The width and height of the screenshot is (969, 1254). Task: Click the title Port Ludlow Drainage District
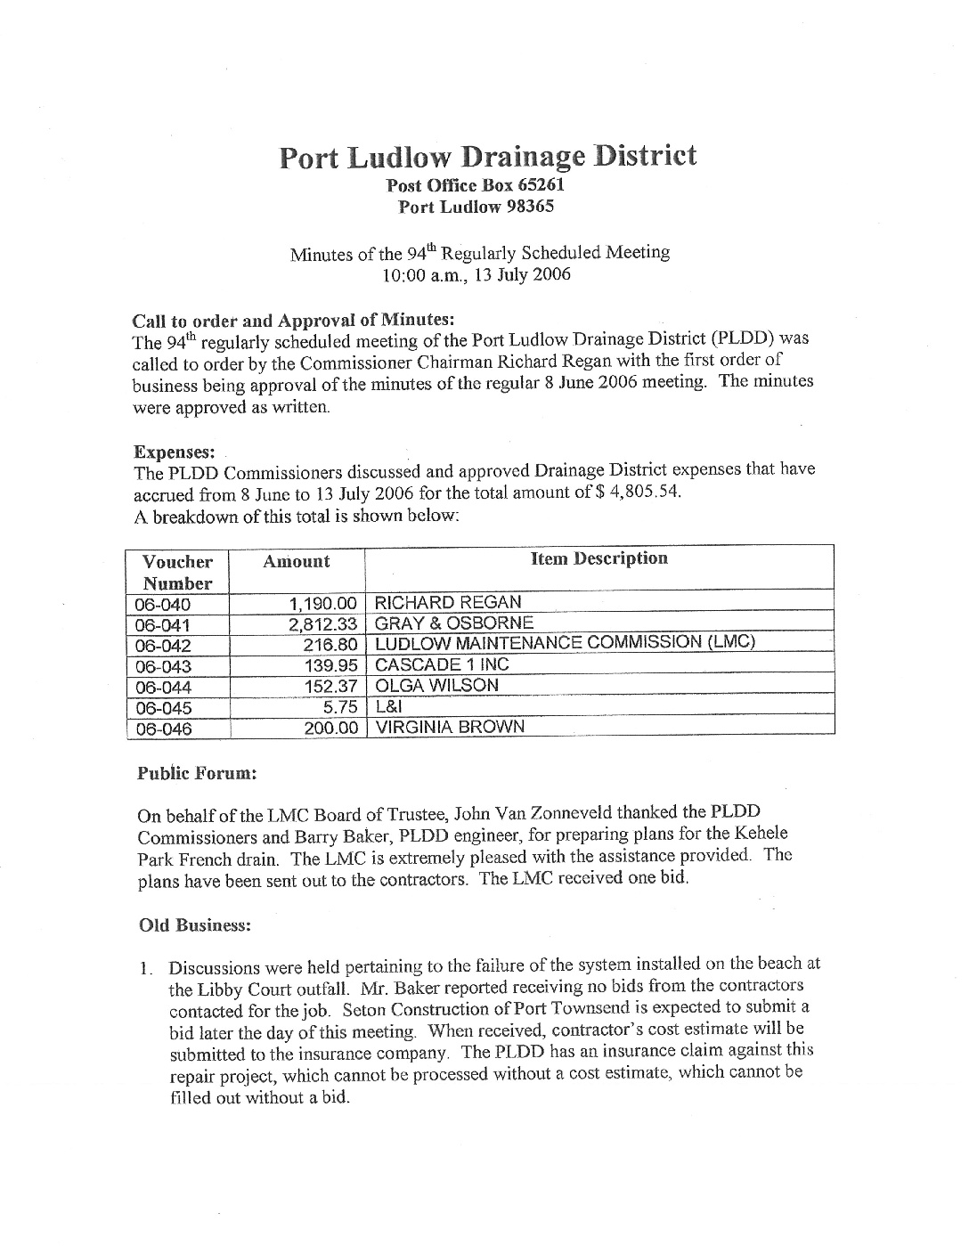tap(487, 157)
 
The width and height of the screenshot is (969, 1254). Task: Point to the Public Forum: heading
tap(197, 773)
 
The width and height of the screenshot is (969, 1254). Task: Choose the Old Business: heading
tap(195, 925)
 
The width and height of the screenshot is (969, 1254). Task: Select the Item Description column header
tap(598, 558)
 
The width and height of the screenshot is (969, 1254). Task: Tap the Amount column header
tap(296, 561)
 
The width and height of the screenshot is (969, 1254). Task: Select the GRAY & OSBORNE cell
tap(454, 623)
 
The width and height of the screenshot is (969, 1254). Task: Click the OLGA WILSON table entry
tap(436, 686)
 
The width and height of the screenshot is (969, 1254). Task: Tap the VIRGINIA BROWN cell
tap(450, 727)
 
